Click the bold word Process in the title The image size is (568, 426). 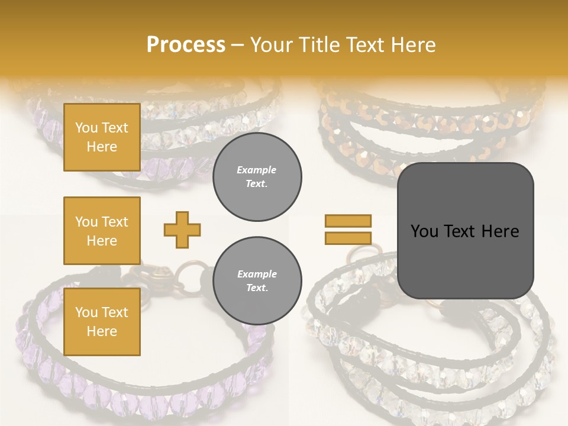tap(186, 45)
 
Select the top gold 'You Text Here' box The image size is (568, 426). tap(102, 137)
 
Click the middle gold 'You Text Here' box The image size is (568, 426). tap(102, 231)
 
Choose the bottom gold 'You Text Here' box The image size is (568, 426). tap(102, 322)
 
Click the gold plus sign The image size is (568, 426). tap(182, 230)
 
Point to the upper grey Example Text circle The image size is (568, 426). tap(257, 176)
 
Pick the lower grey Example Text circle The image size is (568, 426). tap(257, 280)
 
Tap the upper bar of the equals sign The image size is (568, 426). tap(348, 221)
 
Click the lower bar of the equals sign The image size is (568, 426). tap(348, 238)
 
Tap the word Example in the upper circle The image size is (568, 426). tap(257, 170)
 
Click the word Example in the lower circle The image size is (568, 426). tap(257, 274)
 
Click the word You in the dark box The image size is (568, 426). tap(424, 231)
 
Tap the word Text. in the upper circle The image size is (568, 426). tap(257, 183)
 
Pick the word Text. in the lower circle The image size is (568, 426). tap(257, 288)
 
